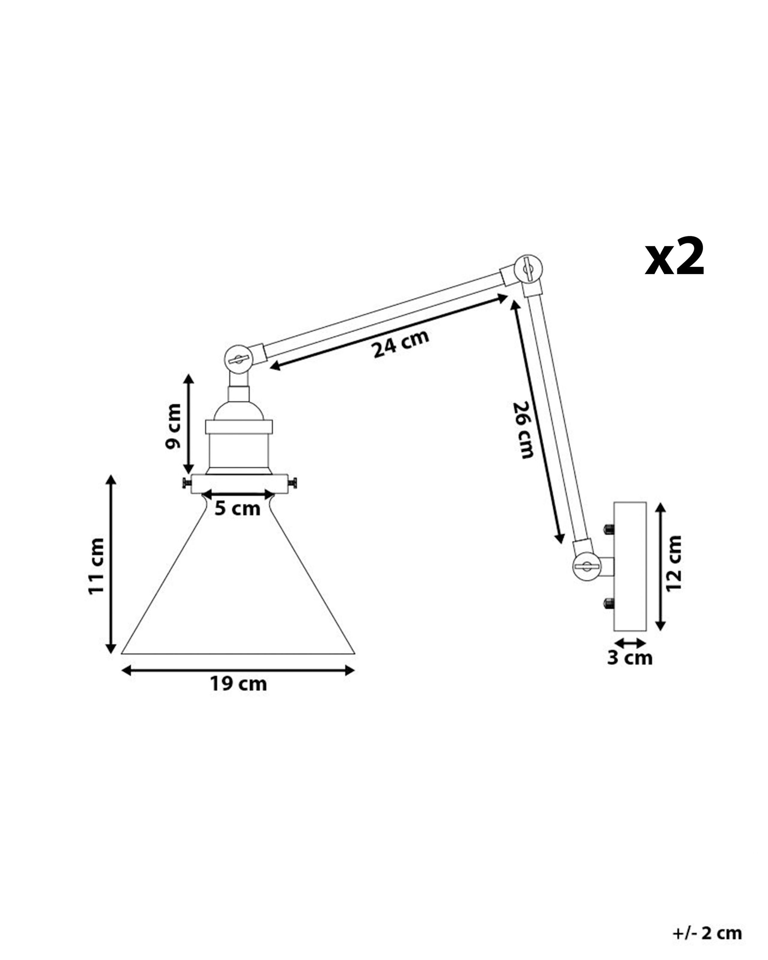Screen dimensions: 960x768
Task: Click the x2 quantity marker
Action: (x=674, y=258)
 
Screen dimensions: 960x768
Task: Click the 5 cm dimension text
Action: (x=237, y=508)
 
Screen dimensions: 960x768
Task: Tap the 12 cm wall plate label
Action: (x=673, y=563)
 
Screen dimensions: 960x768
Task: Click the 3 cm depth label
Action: (x=629, y=658)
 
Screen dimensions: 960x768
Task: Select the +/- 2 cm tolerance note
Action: (x=707, y=933)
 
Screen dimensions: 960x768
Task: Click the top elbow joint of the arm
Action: (x=528, y=268)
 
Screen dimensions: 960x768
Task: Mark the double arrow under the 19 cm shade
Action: (x=238, y=670)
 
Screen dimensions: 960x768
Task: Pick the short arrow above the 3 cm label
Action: (x=629, y=643)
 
